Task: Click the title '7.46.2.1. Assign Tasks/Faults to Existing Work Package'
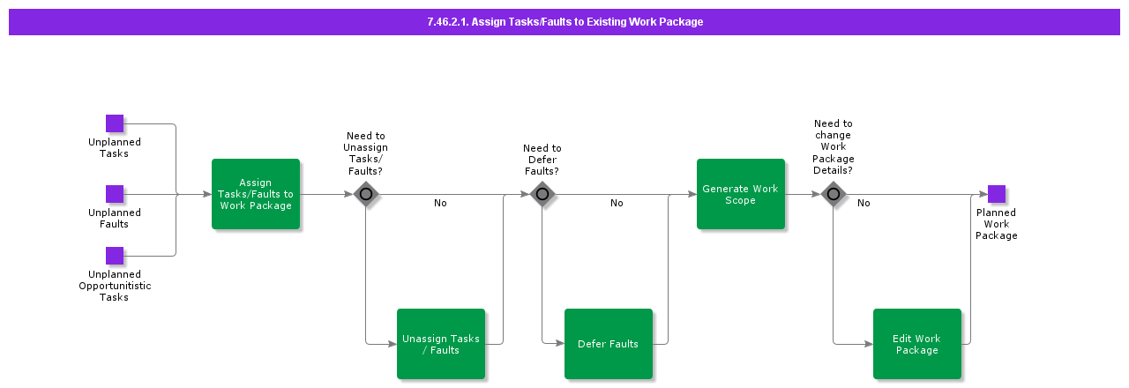tap(564, 22)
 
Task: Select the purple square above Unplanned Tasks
tap(115, 123)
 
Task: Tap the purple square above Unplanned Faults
tap(115, 194)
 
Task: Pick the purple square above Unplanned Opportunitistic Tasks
tap(115, 256)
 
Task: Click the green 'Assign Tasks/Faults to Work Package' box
tap(256, 194)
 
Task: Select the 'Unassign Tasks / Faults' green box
tap(441, 344)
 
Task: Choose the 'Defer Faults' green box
tap(609, 344)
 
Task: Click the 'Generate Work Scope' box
tap(741, 194)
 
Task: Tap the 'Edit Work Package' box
tap(917, 344)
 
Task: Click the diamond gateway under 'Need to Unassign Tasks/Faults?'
tap(366, 194)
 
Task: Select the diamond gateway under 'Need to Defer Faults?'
tap(542, 194)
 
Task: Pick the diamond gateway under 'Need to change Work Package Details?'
tap(834, 194)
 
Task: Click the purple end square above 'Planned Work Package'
tap(997, 194)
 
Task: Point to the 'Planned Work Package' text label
tap(997, 224)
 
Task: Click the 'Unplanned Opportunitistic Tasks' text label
tap(115, 286)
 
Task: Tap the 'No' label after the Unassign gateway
tap(440, 204)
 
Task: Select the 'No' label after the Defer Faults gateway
tap(617, 204)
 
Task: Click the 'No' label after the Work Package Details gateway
tap(864, 204)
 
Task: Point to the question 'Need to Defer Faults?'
tap(542, 160)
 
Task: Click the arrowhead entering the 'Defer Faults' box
tap(560, 344)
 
